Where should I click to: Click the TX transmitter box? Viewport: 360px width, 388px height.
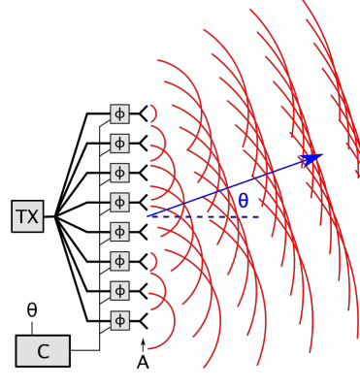[28, 216]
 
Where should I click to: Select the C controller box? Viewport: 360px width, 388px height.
[43, 351]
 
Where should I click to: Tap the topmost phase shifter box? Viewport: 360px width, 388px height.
[119, 114]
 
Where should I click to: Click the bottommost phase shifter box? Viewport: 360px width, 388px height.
[119, 319]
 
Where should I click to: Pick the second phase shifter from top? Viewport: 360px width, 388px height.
[119, 144]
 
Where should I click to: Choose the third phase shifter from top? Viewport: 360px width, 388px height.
[119, 173]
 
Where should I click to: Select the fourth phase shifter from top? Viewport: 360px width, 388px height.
[119, 202]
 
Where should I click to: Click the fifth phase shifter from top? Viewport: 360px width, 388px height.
[119, 231]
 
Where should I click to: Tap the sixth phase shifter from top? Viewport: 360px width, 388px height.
[119, 261]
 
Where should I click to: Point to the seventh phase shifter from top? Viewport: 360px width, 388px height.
[119, 290]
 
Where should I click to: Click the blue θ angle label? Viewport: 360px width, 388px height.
[243, 201]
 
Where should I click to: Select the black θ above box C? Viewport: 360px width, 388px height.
[32, 309]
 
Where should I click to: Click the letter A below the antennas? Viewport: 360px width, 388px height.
[143, 363]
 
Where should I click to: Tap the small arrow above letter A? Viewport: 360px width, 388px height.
[143, 342]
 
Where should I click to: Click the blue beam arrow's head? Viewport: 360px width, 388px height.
[312, 156]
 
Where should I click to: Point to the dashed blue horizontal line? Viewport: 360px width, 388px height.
[209, 216]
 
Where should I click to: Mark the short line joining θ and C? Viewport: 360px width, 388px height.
[32, 327]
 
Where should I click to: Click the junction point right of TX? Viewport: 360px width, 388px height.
[56, 216]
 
